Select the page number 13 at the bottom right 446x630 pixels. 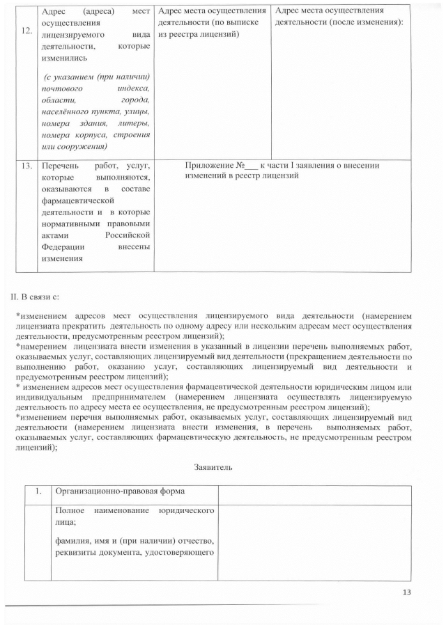[408, 592]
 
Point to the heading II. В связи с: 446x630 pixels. [39, 297]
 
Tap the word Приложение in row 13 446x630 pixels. [209, 166]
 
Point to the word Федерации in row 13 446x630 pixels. [63, 246]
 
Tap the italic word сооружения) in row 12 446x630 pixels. [83, 147]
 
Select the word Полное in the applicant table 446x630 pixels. [71, 510]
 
